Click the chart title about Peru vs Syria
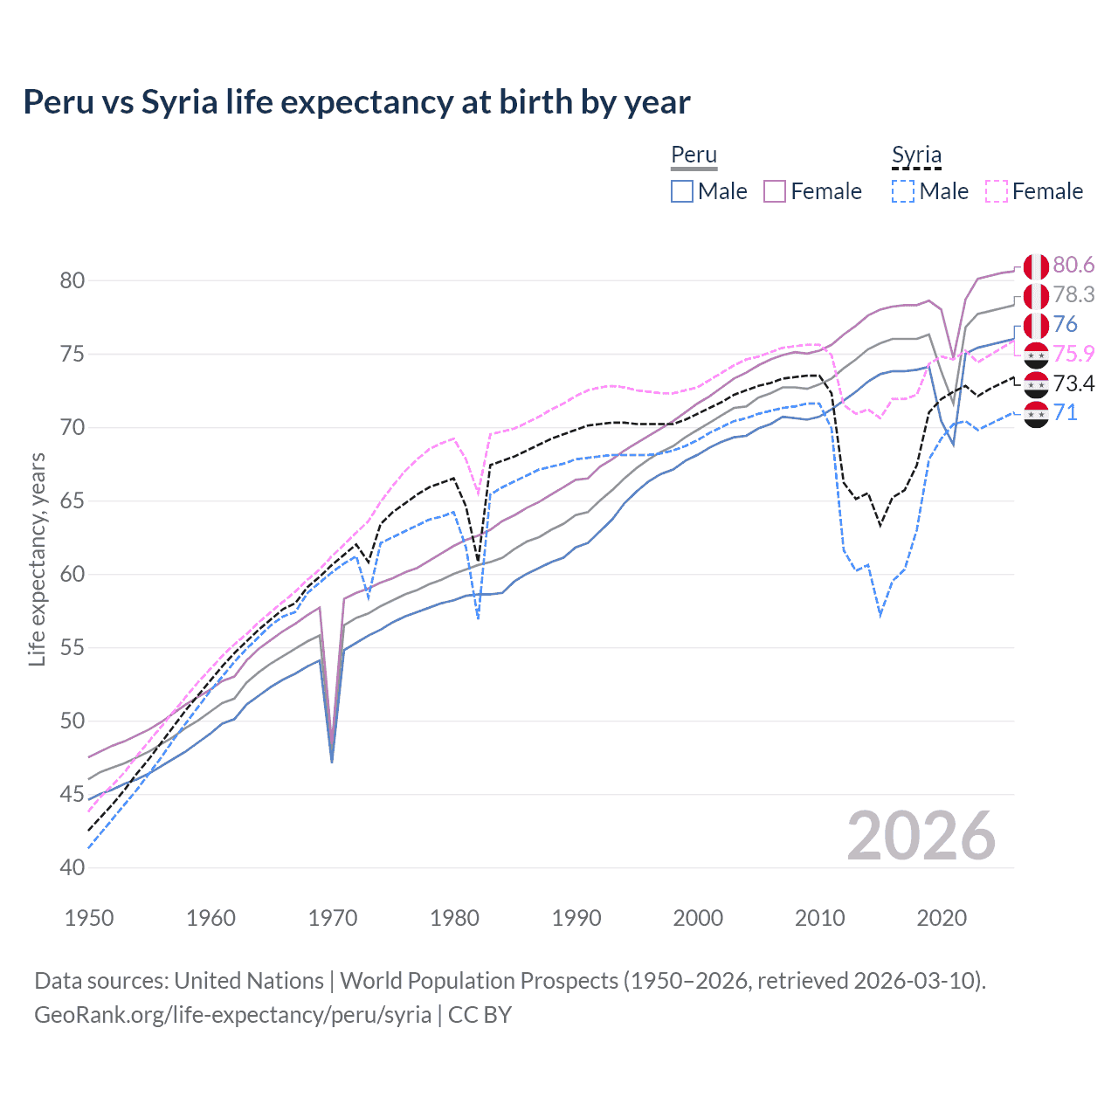point(356,102)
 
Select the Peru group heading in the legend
point(694,155)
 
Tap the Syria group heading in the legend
point(916,155)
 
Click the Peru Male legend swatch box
point(682,191)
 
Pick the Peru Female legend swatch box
point(775,191)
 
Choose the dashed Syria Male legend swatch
point(903,191)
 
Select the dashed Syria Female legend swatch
point(997,191)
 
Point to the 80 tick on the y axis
point(72,280)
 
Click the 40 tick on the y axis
point(72,867)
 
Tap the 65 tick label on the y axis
point(72,500)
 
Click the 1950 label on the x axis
point(89,918)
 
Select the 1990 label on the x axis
point(576,918)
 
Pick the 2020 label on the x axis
point(942,918)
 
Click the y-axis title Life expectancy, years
point(37,559)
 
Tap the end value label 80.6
point(1073,266)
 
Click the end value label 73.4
point(1073,383)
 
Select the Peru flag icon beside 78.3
point(1036,296)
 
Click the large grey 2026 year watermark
point(921,836)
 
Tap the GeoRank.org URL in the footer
point(232,1015)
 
